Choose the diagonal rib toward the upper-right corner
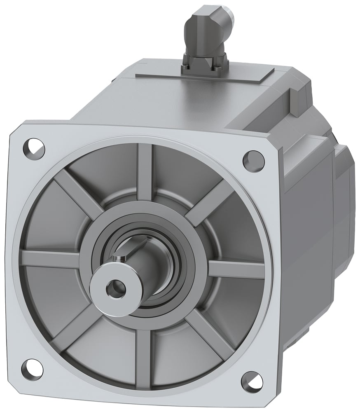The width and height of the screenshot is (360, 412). tap(210, 202)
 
